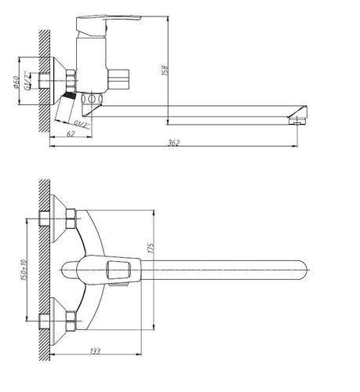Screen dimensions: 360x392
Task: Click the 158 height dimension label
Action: pyautogui.click(x=165, y=70)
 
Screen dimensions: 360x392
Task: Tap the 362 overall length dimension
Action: pyautogui.click(x=174, y=143)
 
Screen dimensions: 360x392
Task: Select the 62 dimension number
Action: pyautogui.click(x=71, y=133)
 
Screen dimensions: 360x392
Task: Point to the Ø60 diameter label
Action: pyautogui.click(x=16, y=82)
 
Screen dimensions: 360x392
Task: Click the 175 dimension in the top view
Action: pyautogui.click(x=151, y=248)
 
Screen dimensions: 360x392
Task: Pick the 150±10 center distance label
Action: pyautogui.click(x=24, y=270)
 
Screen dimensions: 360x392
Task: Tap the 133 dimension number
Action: pyautogui.click(x=95, y=351)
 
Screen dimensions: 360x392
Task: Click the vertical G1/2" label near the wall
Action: pyautogui.click(x=27, y=81)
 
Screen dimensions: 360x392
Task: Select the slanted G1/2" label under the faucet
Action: pyautogui.click(x=82, y=124)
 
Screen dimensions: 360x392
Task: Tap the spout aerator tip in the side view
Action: pyautogui.click(x=298, y=121)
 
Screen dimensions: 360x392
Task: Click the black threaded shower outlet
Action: pyautogui.click(x=70, y=95)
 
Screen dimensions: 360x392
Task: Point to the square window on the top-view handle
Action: pyautogui.click(x=118, y=270)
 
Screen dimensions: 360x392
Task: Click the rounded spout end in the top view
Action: pyautogui.click(x=304, y=270)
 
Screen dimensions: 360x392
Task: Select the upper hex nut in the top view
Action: pyautogui.click(x=71, y=219)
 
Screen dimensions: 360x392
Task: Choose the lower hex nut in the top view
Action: pyautogui.click(x=71, y=321)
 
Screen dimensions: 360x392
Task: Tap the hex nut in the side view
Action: pyautogui.click(x=71, y=80)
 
